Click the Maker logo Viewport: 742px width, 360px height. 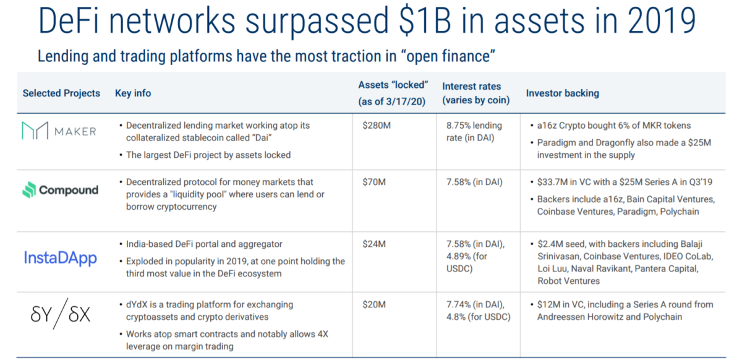(59, 131)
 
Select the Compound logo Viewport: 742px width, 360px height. (61, 190)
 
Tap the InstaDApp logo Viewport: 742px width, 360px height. (61, 258)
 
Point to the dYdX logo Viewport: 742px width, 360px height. (61, 314)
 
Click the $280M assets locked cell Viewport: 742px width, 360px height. (377, 126)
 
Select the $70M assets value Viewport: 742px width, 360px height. (374, 182)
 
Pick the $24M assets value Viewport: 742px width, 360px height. (374, 244)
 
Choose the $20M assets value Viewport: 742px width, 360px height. (374, 304)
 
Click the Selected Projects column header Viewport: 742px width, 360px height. (61, 93)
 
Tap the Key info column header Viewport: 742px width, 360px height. (133, 93)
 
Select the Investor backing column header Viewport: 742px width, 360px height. (563, 93)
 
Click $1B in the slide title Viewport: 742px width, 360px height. (425, 20)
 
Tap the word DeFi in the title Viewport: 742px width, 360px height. (69, 20)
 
